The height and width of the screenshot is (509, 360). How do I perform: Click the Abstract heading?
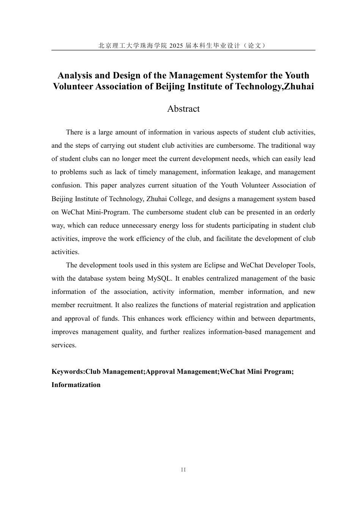pyautogui.click(x=183, y=109)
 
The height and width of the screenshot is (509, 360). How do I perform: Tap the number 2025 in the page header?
pyautogui.click(x=176, y=46)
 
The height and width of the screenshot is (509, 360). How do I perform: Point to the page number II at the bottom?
pyautogui.click(x=183, y=470)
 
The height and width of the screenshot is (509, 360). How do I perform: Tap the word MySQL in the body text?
pyautogui.click(x=160, y=278)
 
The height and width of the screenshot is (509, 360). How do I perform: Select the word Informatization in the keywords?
pyautogui.click(x=76, y=385)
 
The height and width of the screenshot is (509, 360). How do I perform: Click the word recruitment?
pyautogui.click(x=93, y=305)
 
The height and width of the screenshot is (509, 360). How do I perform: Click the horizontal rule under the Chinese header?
pyautogui.click(x=183, y=50)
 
